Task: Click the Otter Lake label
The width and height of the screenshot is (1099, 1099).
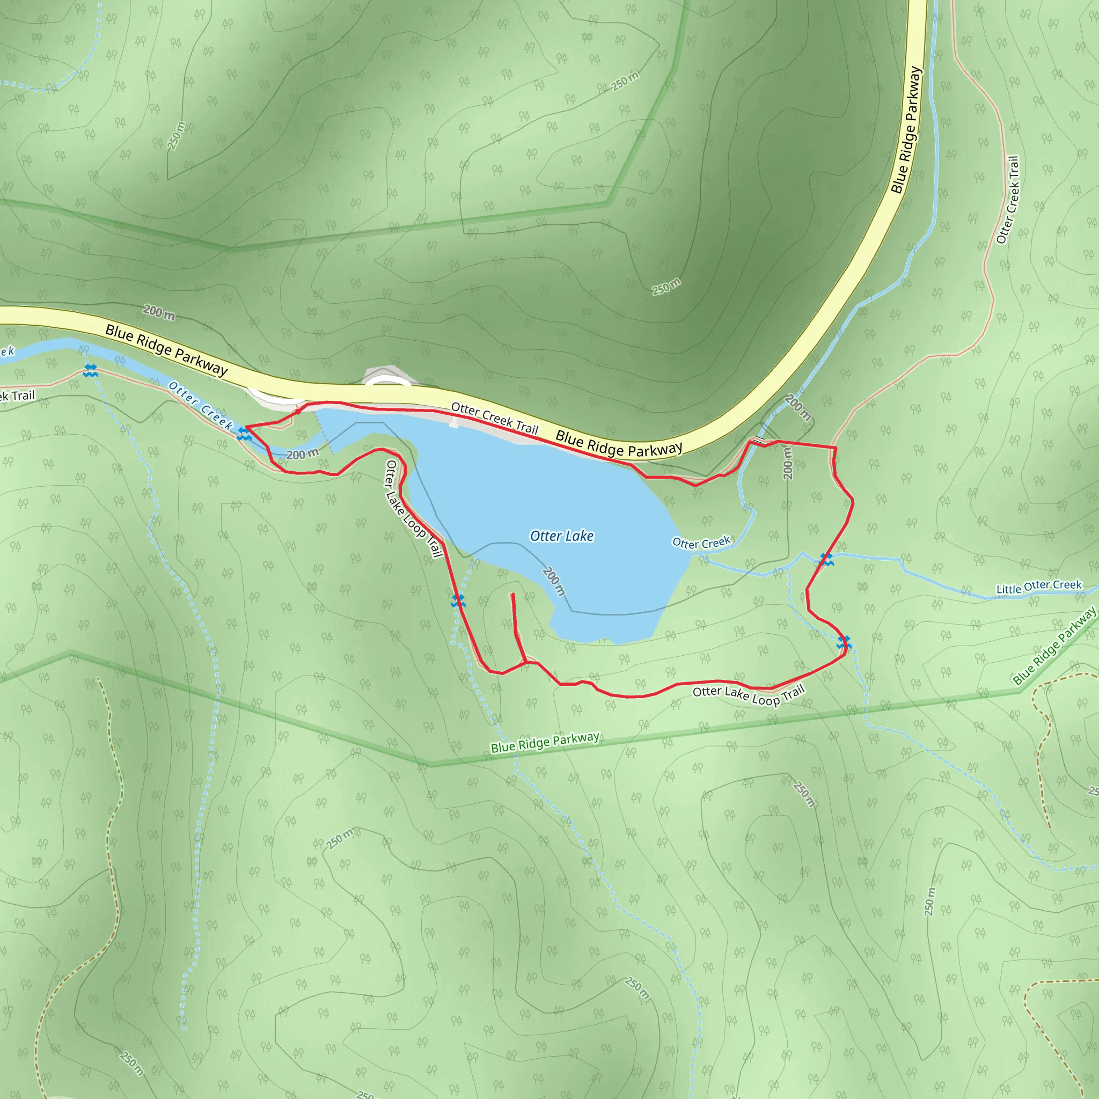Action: (x=561, y=536)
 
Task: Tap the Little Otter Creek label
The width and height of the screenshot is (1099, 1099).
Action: (x=1039, y=587)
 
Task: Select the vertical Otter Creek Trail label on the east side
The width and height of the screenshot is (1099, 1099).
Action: (x=1008, y=200)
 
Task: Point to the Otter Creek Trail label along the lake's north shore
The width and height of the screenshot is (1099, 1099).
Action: (x=494, y=418)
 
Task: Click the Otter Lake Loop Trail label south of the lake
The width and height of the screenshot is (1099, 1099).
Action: (x=748, y=694)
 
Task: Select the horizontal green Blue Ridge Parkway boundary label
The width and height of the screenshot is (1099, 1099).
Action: (x=545, y=742)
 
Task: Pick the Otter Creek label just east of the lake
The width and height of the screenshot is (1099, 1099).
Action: (x=701, y=543)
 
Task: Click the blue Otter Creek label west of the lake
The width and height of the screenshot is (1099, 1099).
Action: (x=201, y=406)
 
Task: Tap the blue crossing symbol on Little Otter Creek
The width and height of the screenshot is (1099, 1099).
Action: (x=826, y=560)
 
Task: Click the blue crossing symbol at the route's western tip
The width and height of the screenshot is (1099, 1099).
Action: (x=244, y=434)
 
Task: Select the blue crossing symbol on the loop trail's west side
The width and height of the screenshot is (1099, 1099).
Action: (x=458, y=600)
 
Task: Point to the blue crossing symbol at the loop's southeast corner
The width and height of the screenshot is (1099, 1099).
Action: (x=844, y=643)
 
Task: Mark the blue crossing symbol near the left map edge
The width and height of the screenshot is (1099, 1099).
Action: (x=90, y=370)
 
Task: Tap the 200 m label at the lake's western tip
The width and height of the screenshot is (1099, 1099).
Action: (x=302, y=454)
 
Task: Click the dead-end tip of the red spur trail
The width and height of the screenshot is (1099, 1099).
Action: (x=513, y=595)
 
